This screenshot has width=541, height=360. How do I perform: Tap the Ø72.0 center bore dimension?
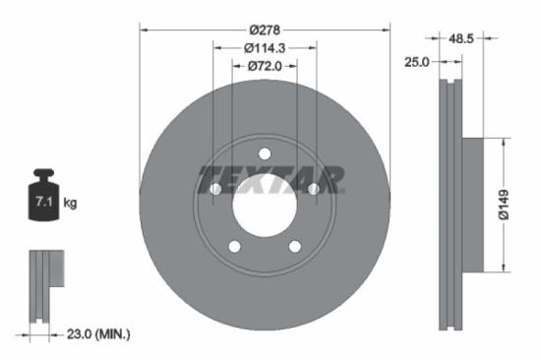pyautogui.click(x=265, y=67)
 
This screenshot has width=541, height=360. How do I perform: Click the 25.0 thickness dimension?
pyautogui.click(x=418, y=62)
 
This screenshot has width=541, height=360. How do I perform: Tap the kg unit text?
pyautogui.click(x=70, y=203)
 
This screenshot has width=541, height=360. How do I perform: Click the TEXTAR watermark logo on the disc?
pyautogui.click(x=270, y=180)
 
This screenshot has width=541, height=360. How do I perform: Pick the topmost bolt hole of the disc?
pyautogui.click(x=265, y=152)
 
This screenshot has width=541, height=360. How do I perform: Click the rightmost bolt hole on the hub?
pyautogui.click(x=313, y=188)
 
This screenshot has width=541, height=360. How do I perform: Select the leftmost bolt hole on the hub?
pyautogui.click(x=216, y=188)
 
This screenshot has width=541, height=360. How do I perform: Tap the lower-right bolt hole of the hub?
pyautogui.click(x=294, y=246)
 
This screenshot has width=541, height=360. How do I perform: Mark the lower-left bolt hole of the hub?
pyautogui.click(x=235, y=246)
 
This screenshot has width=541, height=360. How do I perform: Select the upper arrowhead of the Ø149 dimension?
pyautogui.click(x=504, y=142)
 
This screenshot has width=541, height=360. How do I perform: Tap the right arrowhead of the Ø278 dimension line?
pyautogui.click(x=386, y=30)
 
